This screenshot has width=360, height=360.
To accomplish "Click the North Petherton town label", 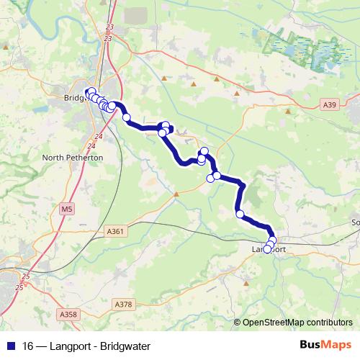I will click(73, 157).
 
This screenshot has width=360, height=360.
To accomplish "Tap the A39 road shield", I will click(330, 105).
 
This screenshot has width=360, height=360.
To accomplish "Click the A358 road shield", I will click(68, 314).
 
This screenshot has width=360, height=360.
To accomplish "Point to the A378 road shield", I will click(123, 305).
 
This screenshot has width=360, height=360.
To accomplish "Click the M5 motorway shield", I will click(67, 210).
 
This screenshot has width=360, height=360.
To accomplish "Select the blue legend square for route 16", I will click(10, 346).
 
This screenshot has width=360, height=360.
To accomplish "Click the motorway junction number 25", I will click(27, 276).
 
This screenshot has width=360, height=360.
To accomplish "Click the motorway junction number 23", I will click(109, 27).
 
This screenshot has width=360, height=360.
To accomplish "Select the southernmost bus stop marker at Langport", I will click(268, 250).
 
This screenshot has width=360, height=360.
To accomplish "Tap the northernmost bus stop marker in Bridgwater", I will click(91, 91).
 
